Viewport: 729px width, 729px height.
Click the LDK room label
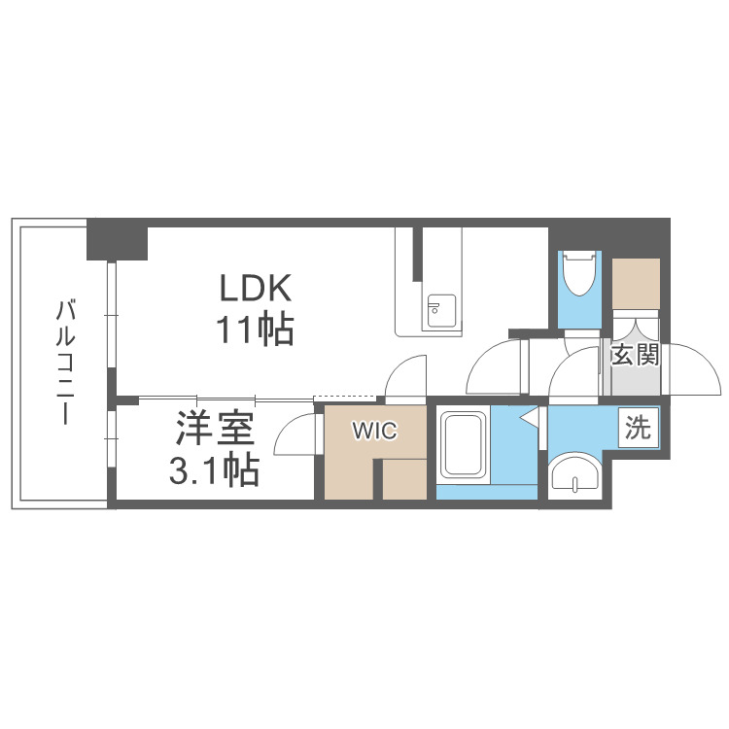click(255, 289)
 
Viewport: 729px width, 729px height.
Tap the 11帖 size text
click(255, 331)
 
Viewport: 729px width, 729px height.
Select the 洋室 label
click(214, 429)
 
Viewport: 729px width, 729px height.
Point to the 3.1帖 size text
click(214, 471)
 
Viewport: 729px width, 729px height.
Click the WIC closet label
click(374, 432)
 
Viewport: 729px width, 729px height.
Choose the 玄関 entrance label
click(635, 355)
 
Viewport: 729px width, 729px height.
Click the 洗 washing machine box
click(638, 428)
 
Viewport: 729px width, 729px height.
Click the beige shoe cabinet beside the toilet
click(636, 283)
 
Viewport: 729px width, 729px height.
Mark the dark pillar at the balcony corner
click(117, 240)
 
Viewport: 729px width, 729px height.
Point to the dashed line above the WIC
click(345, 397)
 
